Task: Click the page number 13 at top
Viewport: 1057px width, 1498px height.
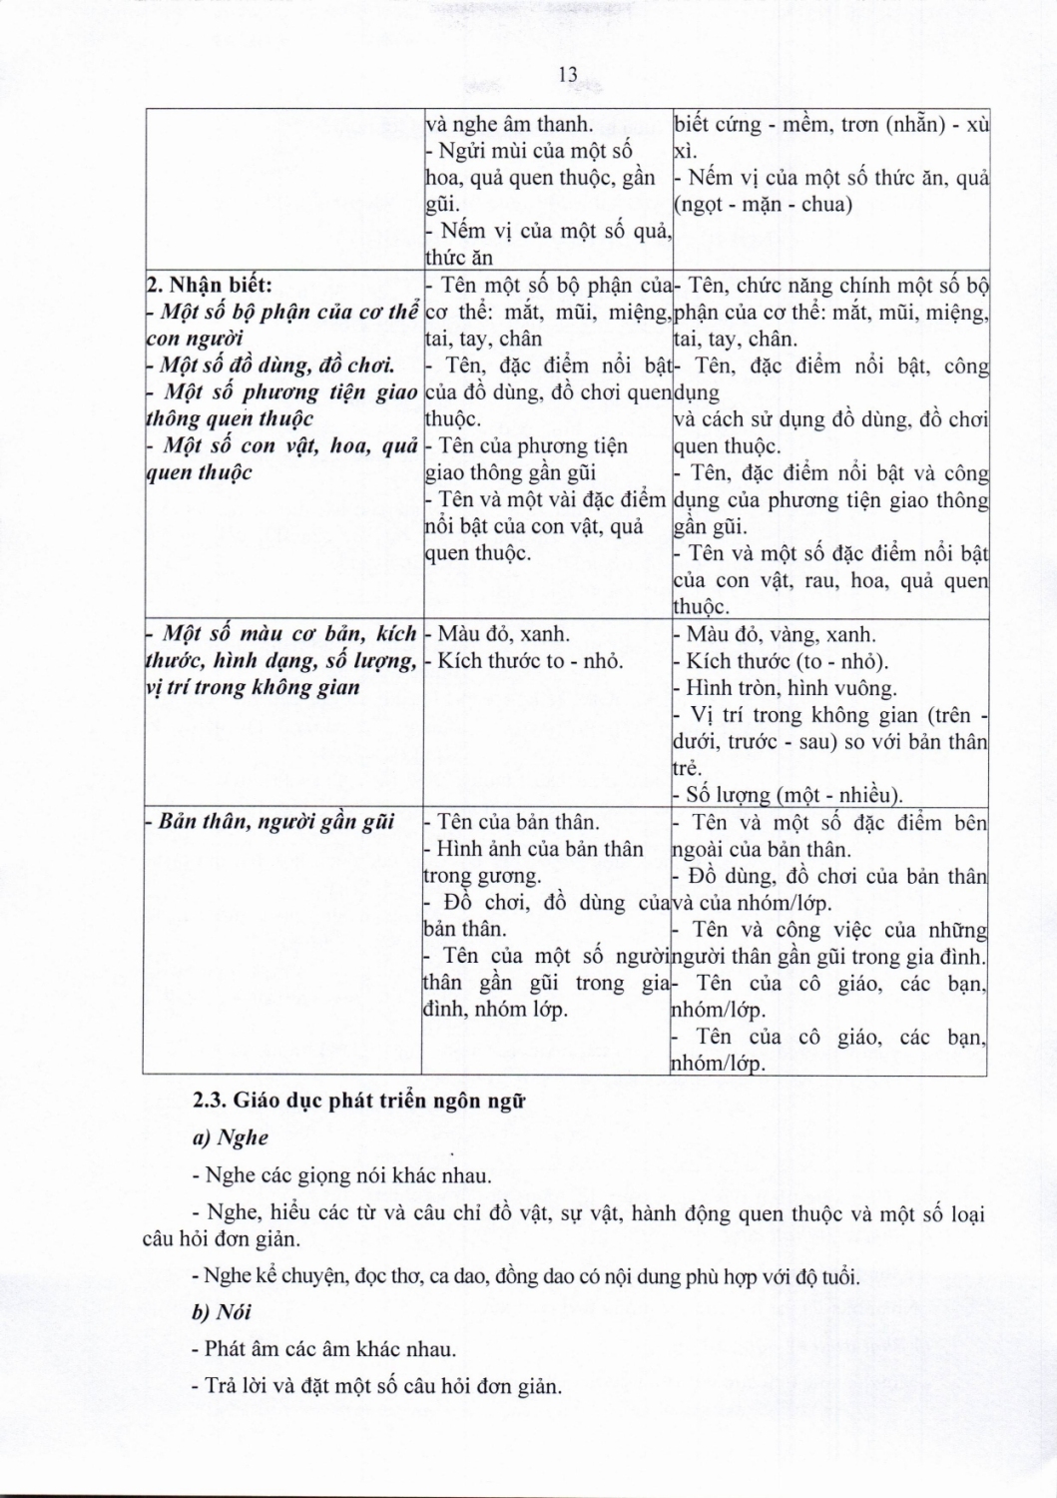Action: [569, 75]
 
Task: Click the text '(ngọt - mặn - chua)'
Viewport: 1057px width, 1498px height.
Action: [764, 205]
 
